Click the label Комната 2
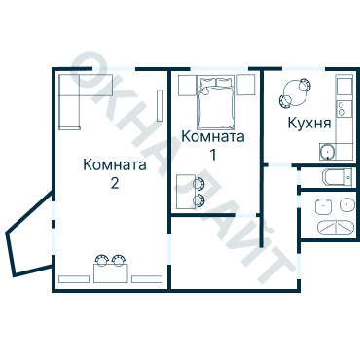click(115, 173)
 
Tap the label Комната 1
click(213, 145)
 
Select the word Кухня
click(309, 124)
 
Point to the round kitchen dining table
click(292, 96)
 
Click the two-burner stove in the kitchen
click(344, 87)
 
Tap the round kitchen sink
click(328, 151)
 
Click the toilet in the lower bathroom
click(322, 205)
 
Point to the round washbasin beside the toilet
click(346, 205)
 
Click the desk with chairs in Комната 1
click(191, 191)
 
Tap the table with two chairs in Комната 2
click(111, 268)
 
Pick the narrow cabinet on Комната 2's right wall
click(161, 100)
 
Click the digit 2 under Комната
click(115, 183)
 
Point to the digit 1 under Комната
click(213, 155)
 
